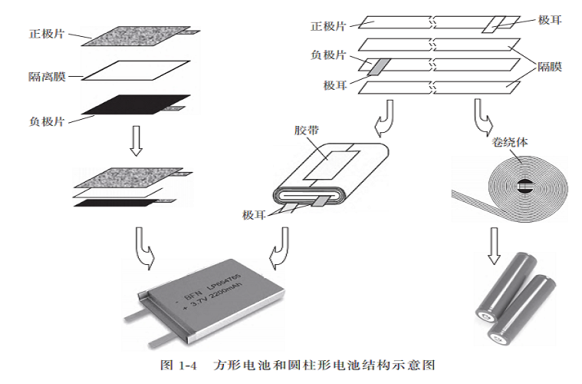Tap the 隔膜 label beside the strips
tap(549, 67)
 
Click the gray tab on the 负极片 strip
tap(375, 66)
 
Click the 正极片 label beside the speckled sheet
tap(45, 35)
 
